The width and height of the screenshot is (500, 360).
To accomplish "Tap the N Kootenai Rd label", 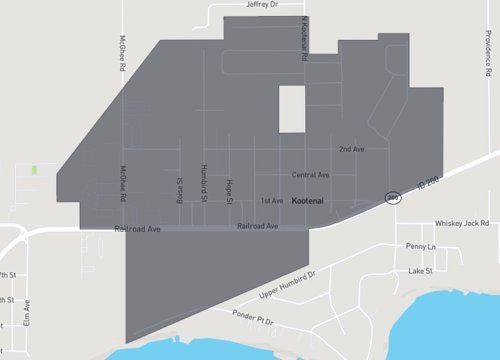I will (305, 40).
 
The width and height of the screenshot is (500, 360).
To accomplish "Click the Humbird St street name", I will (203, 184).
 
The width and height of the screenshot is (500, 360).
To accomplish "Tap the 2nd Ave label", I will (351, 149).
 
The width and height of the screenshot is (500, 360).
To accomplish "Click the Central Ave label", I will (310, 175).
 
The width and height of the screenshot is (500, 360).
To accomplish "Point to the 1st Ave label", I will (271, 201).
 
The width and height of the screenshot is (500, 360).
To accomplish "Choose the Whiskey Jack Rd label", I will (462, 224).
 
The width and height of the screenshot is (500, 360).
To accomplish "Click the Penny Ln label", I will (421, 246).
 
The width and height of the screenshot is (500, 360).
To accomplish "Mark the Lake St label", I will (421, 271).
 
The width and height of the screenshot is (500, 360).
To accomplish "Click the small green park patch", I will (34, 170).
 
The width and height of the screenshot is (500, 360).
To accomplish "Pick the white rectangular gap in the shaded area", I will (291, 109).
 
